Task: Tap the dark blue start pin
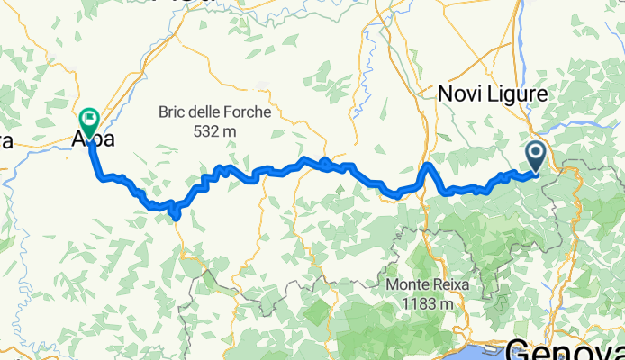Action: coord(535,157)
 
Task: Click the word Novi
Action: coord(458,93)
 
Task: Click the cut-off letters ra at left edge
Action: coord(5,141)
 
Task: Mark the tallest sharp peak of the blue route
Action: coord(430,166)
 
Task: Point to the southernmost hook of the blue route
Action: coord(176,217)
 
